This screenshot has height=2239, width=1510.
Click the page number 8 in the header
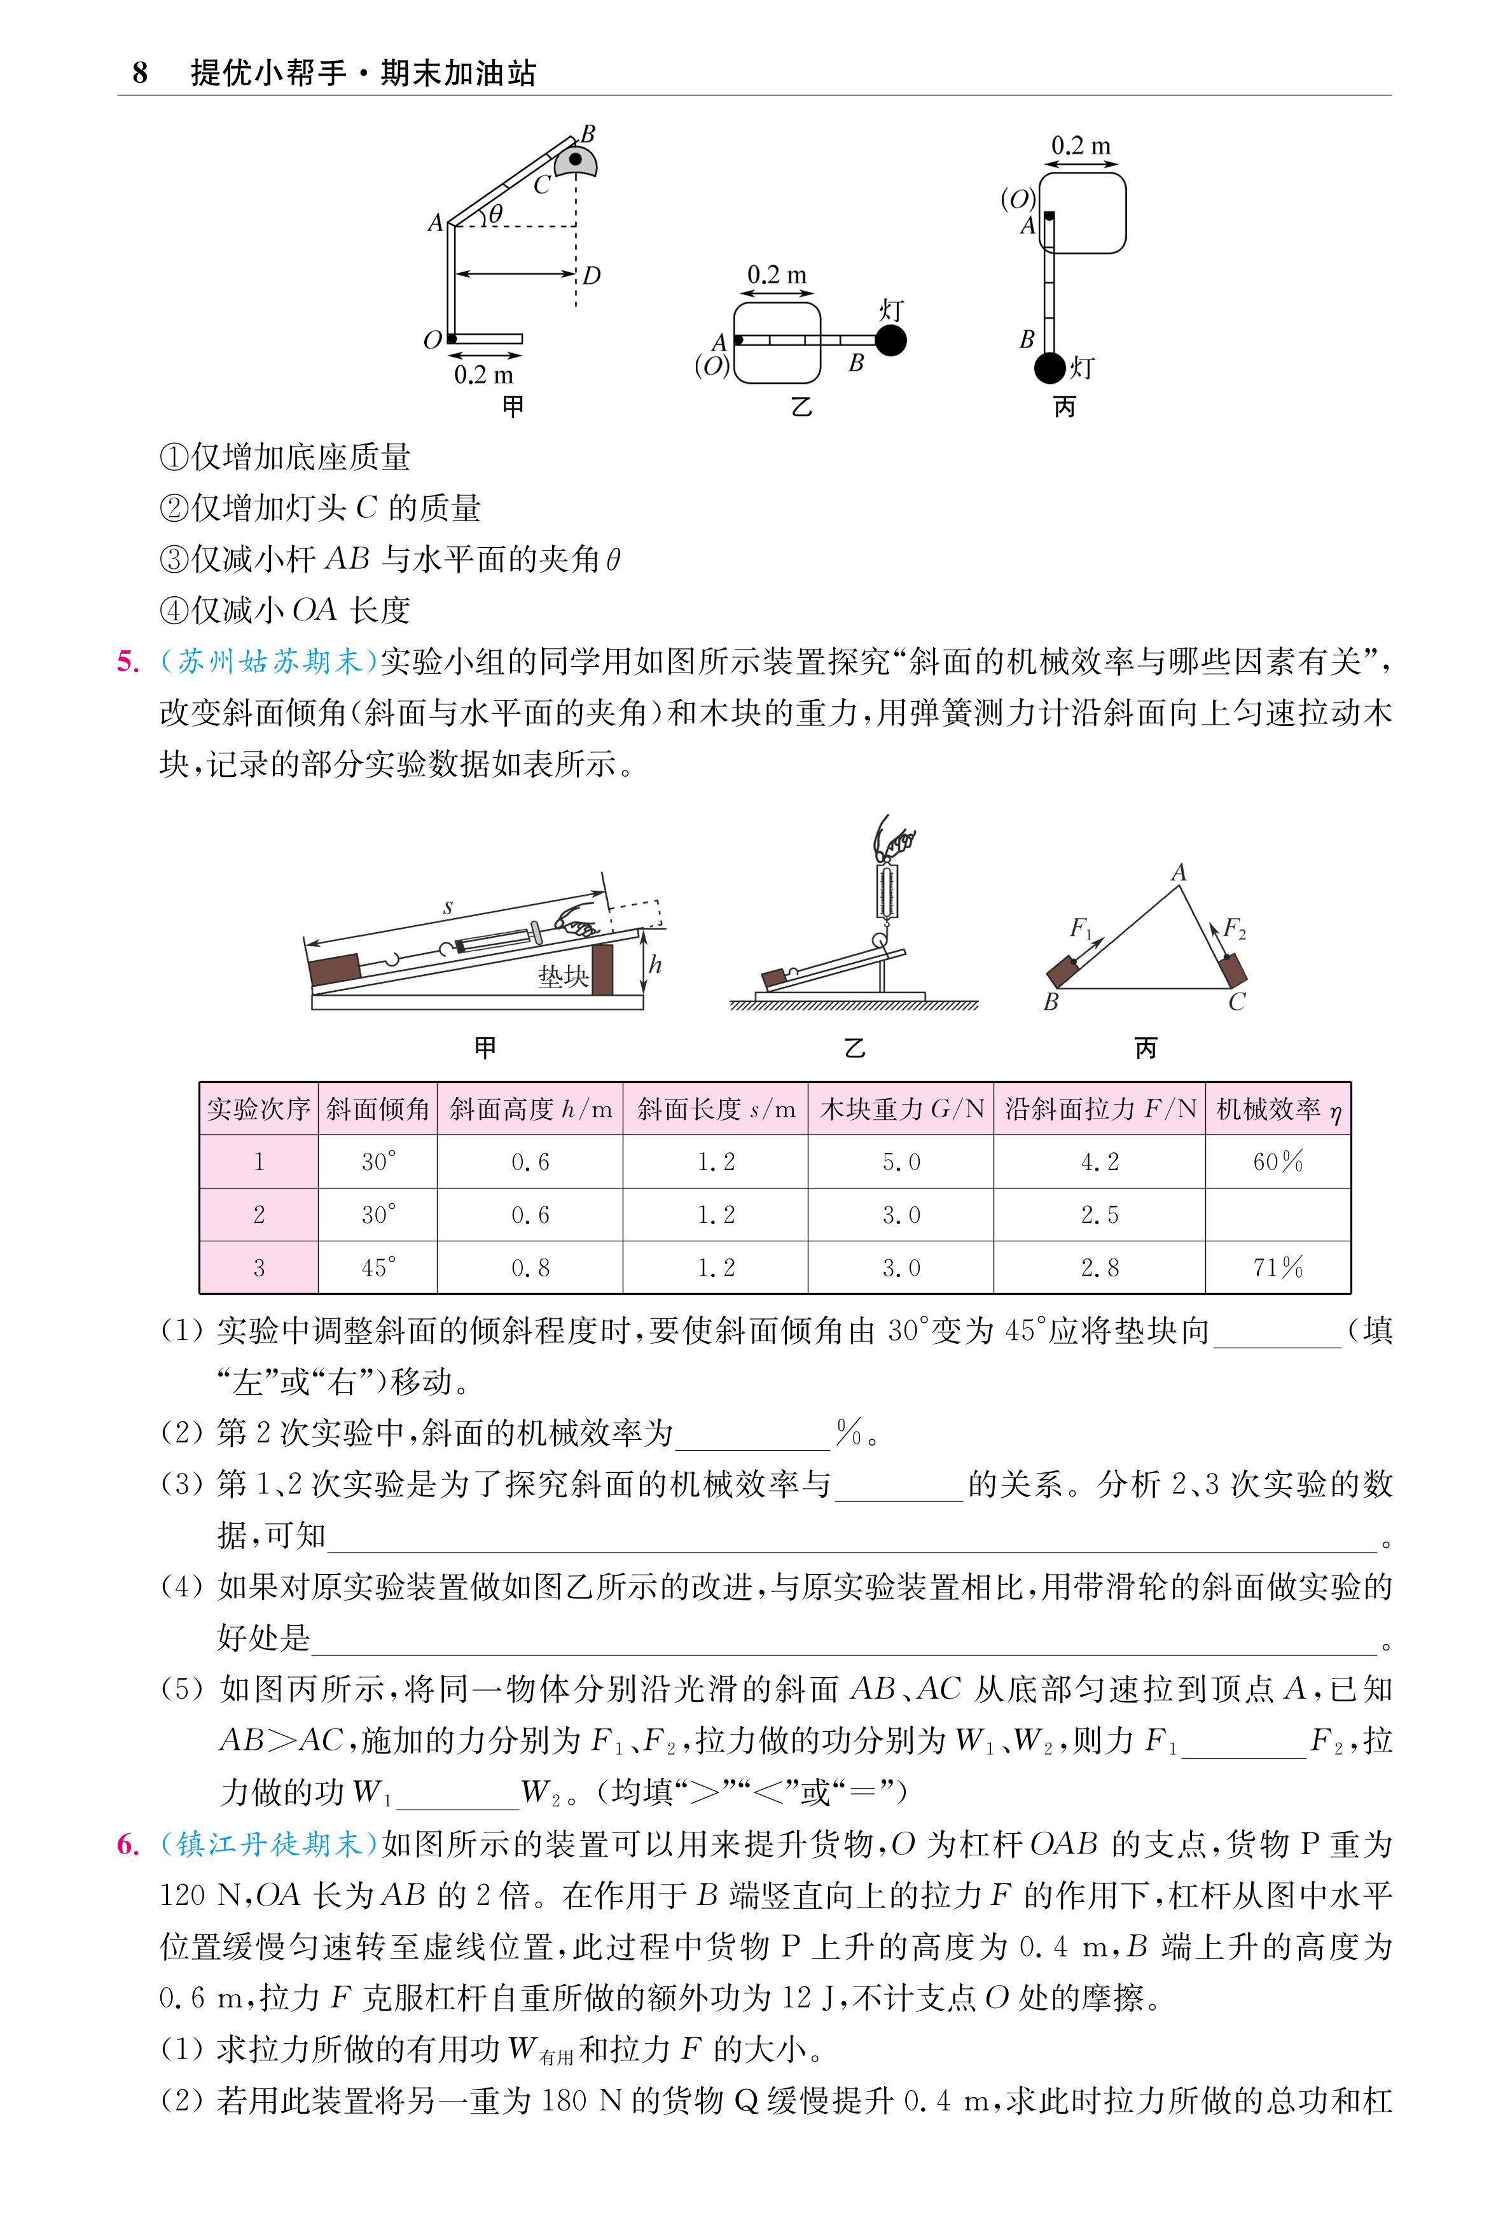coord(140,73)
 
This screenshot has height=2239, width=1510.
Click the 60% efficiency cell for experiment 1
coord(1277,1161)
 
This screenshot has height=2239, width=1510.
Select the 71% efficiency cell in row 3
coord(1277,1267)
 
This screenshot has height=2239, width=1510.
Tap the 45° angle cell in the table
coord(378,1267)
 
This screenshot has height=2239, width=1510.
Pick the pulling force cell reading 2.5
coord(1099,1215)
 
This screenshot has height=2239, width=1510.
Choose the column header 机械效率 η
coord(1277,1110)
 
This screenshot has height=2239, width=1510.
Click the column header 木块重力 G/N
coord(901,1110)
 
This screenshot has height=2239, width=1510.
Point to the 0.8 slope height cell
coord(530,1267)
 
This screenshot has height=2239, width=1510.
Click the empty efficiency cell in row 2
coord(1277,1215)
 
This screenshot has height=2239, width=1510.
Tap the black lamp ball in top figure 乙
coord(890,340)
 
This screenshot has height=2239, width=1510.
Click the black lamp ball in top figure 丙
coord(1049,367)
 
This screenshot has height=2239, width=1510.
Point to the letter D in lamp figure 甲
coord(592,276)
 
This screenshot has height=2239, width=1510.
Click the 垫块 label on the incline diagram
coord(562,977)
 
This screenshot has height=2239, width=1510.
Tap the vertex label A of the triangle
coord(1179,872)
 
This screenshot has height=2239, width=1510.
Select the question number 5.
coord(127,662)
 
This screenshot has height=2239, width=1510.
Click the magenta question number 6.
coord(127,1844)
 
